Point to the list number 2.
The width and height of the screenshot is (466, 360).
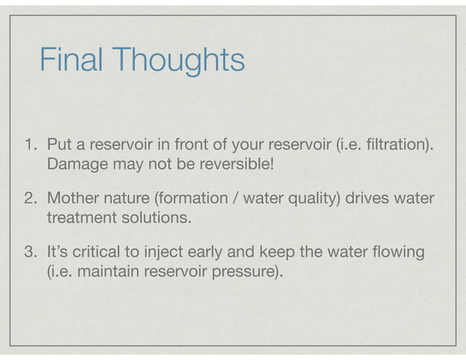[30, 198]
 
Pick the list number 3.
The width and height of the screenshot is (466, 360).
[30, 253]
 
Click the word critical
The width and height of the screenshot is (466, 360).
[105, 253]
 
